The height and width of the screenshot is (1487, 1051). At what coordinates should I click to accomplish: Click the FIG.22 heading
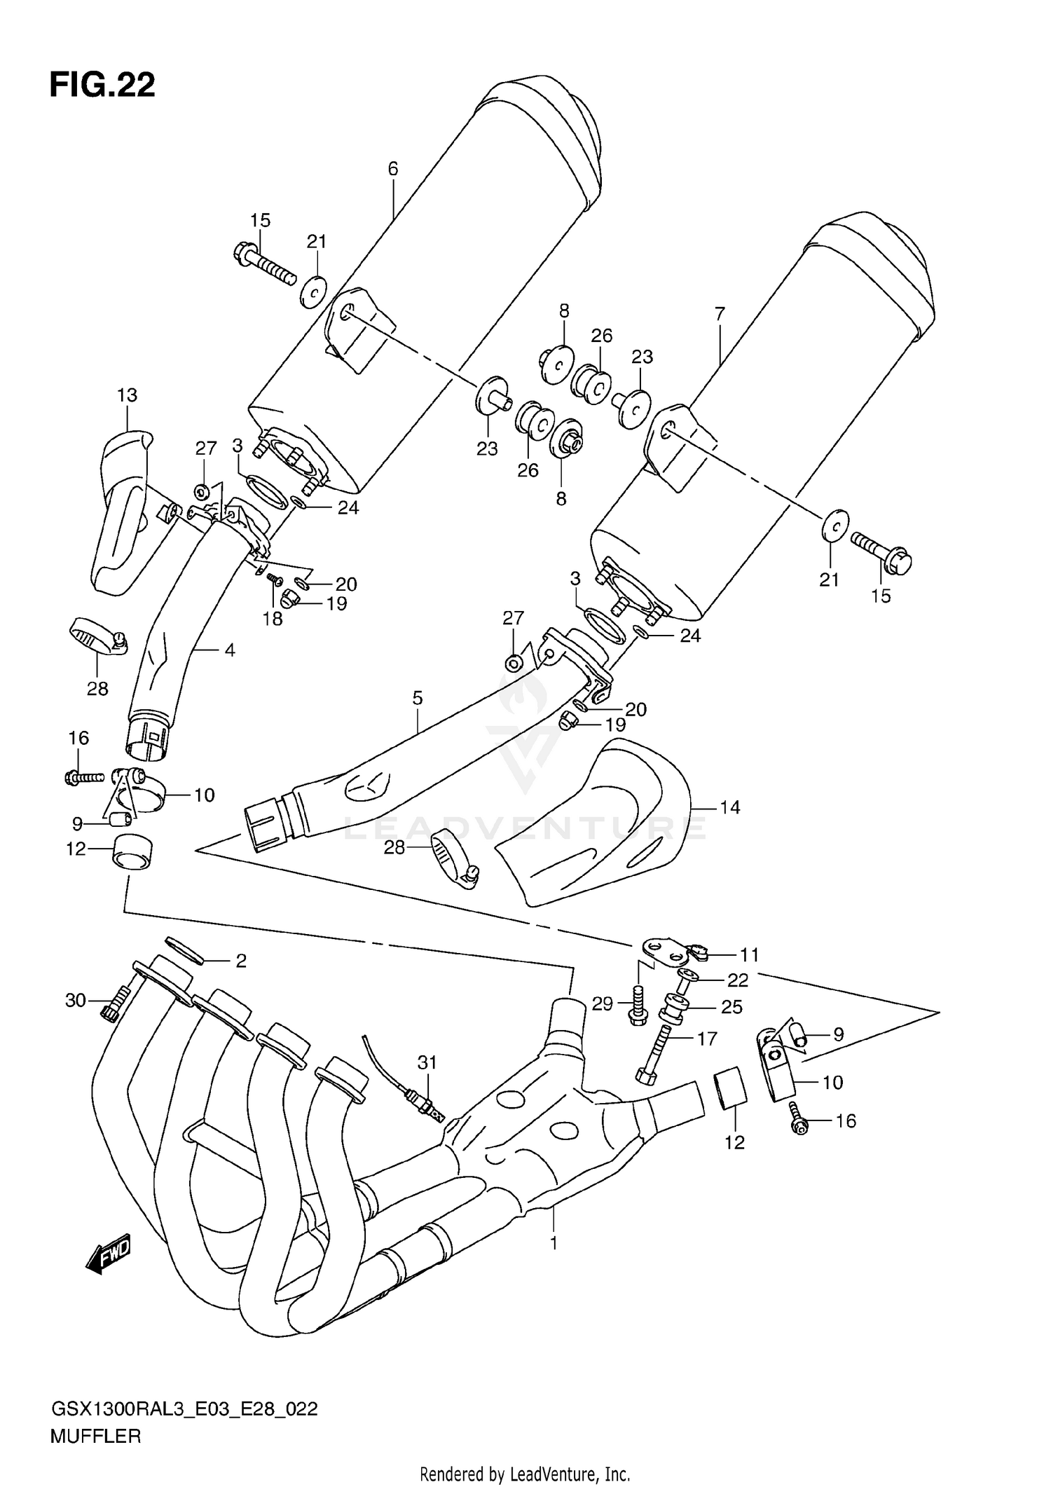click(x=102, y=85)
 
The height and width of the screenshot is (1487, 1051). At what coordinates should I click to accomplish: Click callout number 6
click(x=392, y=168)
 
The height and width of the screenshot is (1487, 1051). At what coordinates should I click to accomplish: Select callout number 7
click(x=720, y=314)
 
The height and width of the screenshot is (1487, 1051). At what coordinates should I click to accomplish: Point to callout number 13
click(x=127, y=395)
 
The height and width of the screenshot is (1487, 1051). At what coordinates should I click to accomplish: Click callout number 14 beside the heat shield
click(x=729, y=807)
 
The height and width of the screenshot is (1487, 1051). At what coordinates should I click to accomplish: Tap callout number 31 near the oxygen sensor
click(x=427, y=1062)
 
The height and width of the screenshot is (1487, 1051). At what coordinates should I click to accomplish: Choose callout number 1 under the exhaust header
click(x=554, y=1244)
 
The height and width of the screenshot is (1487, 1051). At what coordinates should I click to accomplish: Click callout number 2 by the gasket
click(x=241, y=961)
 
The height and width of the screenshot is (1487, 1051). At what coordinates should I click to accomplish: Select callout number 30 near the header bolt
click(x=75, y=1000)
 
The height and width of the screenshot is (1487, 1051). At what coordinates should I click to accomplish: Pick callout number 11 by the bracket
click(x=749, y=954)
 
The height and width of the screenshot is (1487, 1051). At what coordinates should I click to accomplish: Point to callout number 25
click(x=731, y=1006)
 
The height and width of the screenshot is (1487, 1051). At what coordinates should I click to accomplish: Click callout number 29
click(x=603, y=1003)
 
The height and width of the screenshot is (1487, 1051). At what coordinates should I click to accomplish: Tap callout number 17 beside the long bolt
click(x=707, y=1039)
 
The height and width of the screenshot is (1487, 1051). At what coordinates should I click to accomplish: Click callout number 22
click(x=738, y=980)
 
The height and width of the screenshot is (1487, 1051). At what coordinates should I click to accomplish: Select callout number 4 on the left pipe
click(x=229, y=650)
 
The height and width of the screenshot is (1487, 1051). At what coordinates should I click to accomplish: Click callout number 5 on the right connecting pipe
click(x=418, y=698)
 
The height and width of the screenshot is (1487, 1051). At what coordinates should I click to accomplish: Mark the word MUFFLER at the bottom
click(x=95, y=1437)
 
